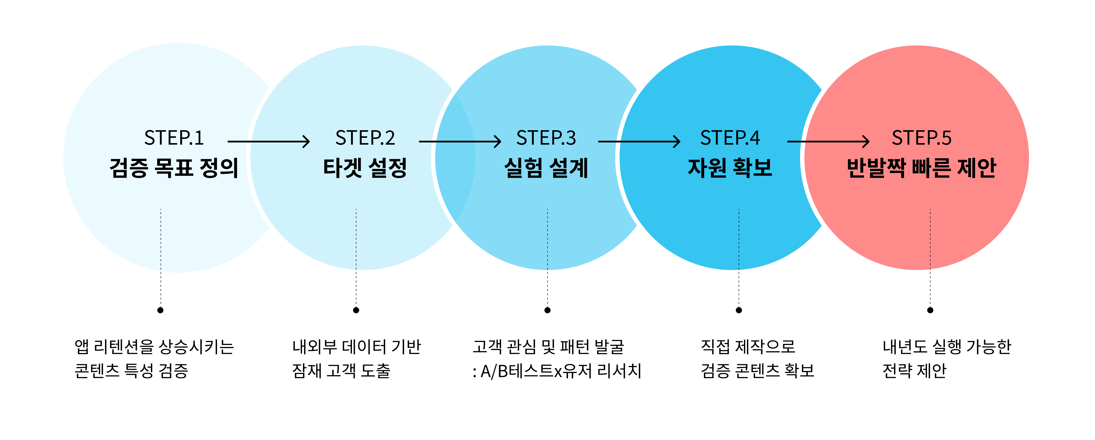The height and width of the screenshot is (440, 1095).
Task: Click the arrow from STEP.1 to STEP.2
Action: click(x=269, y=141)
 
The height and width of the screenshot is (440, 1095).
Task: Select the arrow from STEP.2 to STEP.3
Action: click(x=460, y=141)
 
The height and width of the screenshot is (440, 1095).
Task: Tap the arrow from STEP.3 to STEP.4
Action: click(x=639, y=141)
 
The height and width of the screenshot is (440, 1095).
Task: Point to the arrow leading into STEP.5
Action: click(x=828, y=141)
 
